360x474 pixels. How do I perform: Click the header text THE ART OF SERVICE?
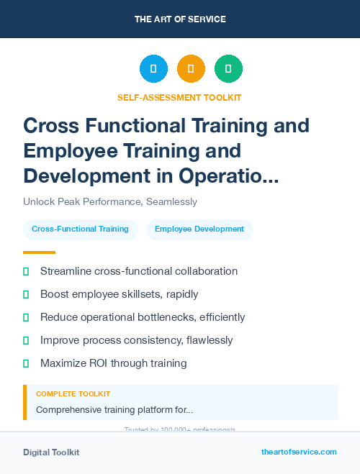coord(180,19)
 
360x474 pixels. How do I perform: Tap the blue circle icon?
coord(153,69)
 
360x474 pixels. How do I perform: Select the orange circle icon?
coord(191,69)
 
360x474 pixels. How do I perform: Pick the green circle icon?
coord(228,69)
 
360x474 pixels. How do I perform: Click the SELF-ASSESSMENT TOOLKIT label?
coord(179,97)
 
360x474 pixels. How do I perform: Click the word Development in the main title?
coord(79,175)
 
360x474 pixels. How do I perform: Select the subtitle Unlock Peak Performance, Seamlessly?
coord(110,202)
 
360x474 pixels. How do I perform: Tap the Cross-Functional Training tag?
coord(80,229)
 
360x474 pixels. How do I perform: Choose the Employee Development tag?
coord(199,229)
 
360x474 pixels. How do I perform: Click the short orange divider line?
coord(39,252)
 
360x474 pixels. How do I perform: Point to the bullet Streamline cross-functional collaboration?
coord(139,271)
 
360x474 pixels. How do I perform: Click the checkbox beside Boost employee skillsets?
coord(26,294)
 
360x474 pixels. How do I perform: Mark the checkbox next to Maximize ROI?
coord(26,363)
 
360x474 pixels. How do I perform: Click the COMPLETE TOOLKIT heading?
coord(73,394)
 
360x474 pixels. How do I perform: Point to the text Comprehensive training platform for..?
coord(114,410)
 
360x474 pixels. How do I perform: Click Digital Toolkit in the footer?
coord(51,452)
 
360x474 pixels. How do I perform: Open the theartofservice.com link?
coord(299,452)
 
